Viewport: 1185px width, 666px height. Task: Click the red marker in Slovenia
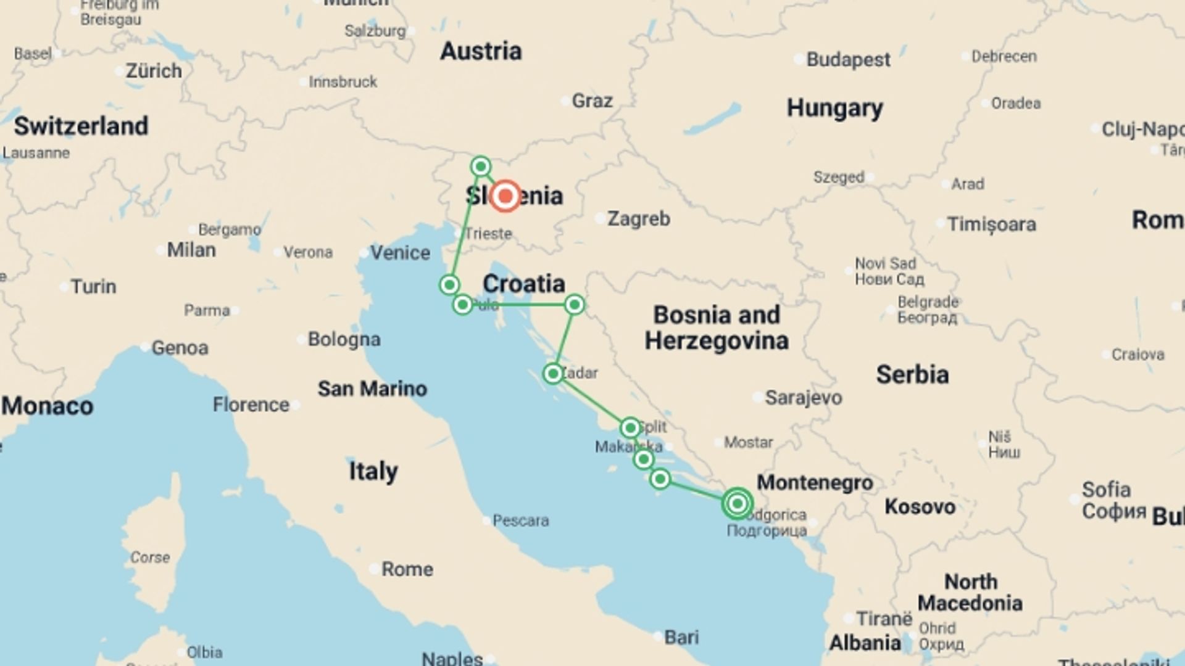(x=505, y=196)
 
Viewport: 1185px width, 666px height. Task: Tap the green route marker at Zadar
(x=552, y=374)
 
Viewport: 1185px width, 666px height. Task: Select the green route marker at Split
(x=630, y=428)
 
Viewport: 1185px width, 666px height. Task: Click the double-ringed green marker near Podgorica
(x=737, y=504)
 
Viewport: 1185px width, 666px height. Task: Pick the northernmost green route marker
(x=481, y=166)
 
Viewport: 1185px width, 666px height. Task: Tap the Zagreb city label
(x=638, y=219)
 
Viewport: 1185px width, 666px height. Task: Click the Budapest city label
(x=848, y=60)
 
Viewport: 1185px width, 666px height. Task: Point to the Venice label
(x=400, y=253)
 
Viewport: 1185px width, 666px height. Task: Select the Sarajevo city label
(x=803, y=398)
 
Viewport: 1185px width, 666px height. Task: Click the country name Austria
(x=481, y=51)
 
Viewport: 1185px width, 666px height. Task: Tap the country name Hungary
(x=834, y=108)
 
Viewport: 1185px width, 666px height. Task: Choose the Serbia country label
(x=912, y=375)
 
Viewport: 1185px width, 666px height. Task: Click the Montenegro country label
(x=815, y=483)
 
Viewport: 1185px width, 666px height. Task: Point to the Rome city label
(x=407, y=569)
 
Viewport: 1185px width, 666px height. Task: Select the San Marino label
(x=372, y=388)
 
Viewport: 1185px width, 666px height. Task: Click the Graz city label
(x=592, y=101)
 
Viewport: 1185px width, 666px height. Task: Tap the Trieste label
(x=488, y=234)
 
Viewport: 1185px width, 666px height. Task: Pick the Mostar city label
(x=748, y=442)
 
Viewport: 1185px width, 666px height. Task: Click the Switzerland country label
(x=81, y=126)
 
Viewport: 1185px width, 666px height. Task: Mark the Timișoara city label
(x=991, y=224)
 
